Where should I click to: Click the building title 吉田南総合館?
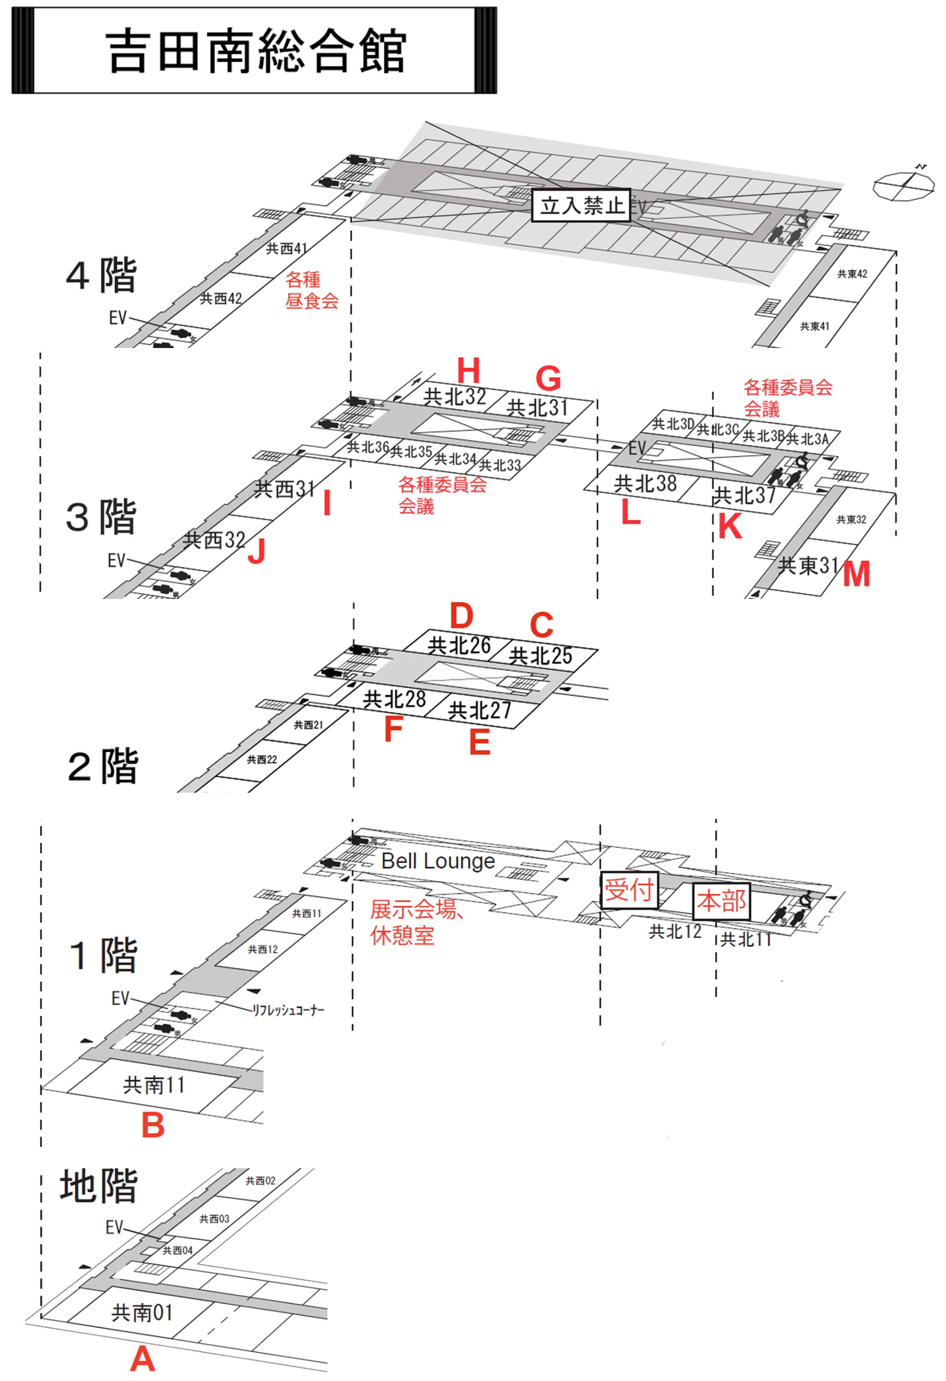point(256,51)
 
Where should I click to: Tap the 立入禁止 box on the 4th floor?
point(581,206)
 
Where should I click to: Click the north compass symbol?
point(903,184)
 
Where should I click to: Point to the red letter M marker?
point(856,574)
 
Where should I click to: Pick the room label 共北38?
point(645,484)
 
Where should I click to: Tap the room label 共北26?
point(459,645)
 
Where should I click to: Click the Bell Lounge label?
point(438,861)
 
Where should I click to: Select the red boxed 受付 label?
point(629,889)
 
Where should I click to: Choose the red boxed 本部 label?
point(721,901)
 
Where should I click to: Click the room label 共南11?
point(154,1085)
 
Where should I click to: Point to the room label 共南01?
point(142,1312)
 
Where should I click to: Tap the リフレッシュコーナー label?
point(288,1010)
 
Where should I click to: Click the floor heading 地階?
point(99,1186)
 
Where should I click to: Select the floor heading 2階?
point(103,766)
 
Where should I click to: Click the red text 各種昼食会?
point(311,290)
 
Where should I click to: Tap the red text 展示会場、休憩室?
point(415,922)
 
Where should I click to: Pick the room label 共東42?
point(852,274)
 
